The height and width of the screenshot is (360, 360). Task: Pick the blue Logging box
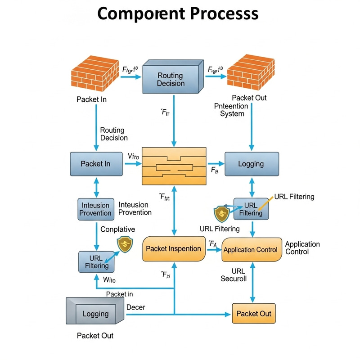click(x=251, y=164)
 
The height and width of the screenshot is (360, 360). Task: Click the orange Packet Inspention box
click(x=173, y=248)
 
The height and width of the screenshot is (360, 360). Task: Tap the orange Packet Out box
click(x=253, y=313)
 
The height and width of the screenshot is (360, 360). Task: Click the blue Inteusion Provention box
click(x=96, y=209)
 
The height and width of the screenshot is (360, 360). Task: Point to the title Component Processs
click(x=178, y=13)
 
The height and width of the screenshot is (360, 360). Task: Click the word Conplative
click(x=117, y=229)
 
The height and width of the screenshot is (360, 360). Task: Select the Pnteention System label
click(x=232, y=110)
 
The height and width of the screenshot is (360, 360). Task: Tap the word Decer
click(x=135, y=307)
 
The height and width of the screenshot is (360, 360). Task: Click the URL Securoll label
click(x=234, y=275)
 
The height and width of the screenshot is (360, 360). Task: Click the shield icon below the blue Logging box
click(x=221, y=212)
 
